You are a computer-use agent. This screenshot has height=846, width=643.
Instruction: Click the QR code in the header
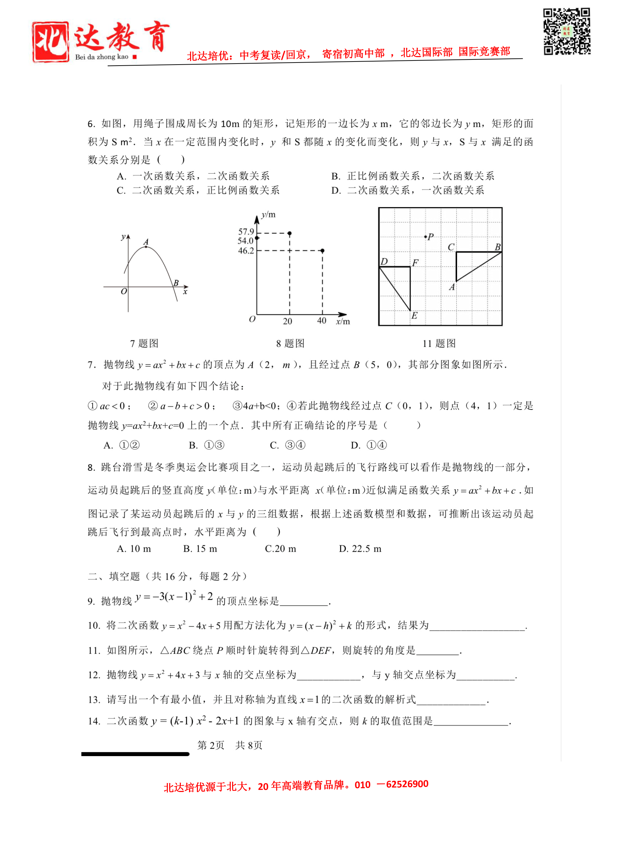(x=567, y=31)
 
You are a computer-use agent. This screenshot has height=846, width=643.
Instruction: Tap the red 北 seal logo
(x=51, y=42)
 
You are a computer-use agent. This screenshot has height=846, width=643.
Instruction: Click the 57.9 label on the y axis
(x=246, y=231)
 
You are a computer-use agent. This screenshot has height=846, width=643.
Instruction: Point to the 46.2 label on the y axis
(x=246, y=251)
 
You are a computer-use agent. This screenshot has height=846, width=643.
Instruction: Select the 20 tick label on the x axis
(x=287, y=321)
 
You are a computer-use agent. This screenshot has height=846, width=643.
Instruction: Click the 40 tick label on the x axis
(x=321, y=321)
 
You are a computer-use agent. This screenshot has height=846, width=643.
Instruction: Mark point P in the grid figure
(x=426, y=237)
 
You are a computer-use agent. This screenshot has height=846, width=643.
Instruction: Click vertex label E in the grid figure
(x=414, y=316)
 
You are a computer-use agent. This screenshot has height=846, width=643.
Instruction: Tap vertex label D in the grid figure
(x=384, y=261)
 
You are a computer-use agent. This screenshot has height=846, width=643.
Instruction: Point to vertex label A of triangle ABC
(x=452, y=287)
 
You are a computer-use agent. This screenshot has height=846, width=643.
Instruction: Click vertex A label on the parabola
(x=146, y=242)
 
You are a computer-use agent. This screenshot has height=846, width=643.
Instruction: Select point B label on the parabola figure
(x=176, y=283)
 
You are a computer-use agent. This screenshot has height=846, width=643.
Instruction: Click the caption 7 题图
(x=144, y=343)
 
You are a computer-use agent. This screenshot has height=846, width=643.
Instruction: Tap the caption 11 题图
(x=439, y=343)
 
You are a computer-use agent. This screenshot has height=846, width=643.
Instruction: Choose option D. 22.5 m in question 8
(x=360, y=549)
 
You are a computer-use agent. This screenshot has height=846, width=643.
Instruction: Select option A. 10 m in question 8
(x=134, y=549)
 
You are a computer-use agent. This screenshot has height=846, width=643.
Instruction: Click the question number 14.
(x=94, y=721)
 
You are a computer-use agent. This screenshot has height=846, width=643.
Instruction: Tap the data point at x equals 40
(x=323, y=251)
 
